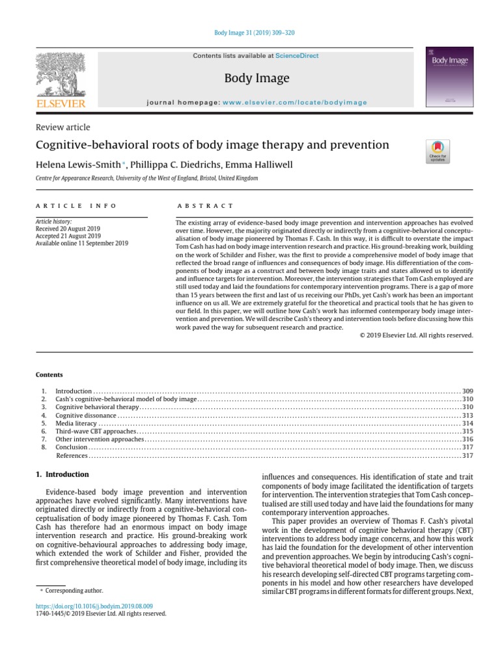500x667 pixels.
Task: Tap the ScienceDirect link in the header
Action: click(297, 56)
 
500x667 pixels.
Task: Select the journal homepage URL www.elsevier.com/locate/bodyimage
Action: click(295, 102)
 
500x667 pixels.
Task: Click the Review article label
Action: click(62, 127)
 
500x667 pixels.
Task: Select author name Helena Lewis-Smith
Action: click(77, 165)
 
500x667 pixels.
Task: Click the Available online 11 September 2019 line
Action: click(81, 243)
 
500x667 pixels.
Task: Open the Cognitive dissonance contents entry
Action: click(85, 415)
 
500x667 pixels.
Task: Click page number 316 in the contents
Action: click(467, 440)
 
